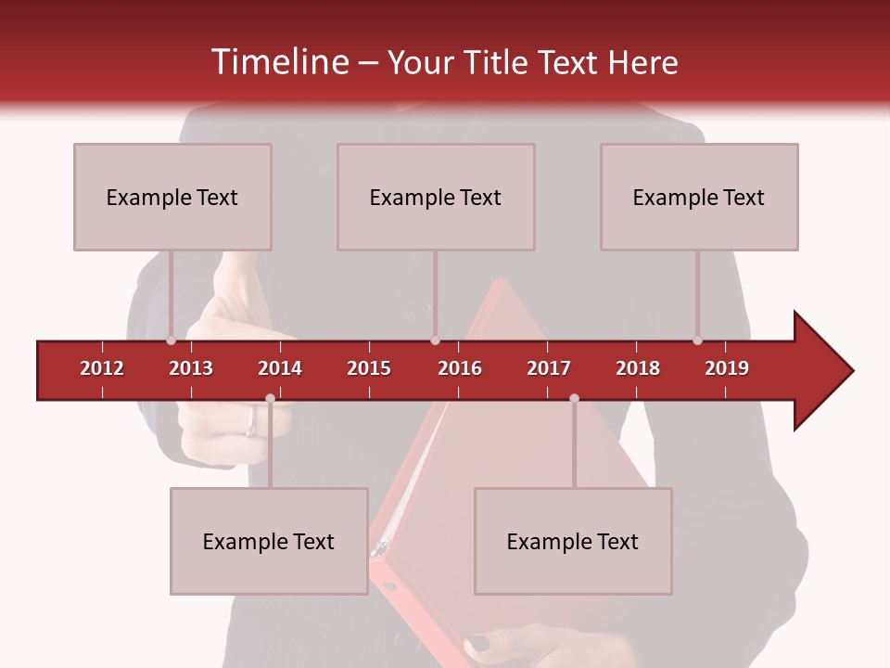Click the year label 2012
[102, 368]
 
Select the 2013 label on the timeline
[191, 368]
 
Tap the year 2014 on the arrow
[280, 368]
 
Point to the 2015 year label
[369, 368]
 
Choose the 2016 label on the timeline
[460, 368]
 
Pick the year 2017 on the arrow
[549, 368]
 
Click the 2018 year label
[638, 368]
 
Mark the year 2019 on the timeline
[727, 368]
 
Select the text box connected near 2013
[172, 197]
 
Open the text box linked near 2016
[436, 197]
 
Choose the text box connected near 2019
[699, 197]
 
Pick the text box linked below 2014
[269, 541]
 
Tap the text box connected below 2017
[573, 541]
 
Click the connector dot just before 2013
[172, 340]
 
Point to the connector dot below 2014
[270, 399]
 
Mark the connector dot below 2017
[574, 399]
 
